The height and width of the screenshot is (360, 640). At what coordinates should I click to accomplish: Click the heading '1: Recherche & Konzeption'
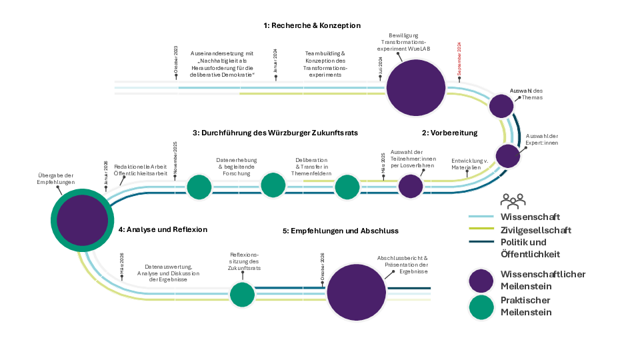(311, 25)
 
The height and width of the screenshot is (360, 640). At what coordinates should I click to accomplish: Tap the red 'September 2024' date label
(459, 58)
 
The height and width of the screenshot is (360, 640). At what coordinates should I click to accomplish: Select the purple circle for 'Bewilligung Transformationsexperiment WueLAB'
(416, 87)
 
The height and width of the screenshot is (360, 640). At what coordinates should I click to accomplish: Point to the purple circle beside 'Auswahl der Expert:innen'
(507, 155)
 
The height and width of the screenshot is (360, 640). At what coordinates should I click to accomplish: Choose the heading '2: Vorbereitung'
(449, 133)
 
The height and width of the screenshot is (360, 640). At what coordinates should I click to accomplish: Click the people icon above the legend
(513, 200)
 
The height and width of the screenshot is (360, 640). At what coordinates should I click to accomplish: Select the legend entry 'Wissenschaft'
(530, 217)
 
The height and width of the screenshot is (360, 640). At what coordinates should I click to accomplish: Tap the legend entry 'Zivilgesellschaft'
(536, 230)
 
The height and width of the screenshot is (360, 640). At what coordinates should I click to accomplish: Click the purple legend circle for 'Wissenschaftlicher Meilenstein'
(481, 281)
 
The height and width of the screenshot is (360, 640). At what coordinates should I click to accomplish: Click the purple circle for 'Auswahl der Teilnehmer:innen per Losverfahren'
(411, 186)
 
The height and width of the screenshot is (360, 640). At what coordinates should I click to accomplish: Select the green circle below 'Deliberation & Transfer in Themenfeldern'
(347, 187)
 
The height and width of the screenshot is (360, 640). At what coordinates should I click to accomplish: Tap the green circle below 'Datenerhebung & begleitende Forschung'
(273, 185)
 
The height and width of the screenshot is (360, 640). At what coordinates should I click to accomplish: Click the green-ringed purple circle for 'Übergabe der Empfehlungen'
(82, 220)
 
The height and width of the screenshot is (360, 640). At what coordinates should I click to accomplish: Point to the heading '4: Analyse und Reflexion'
(163, 229)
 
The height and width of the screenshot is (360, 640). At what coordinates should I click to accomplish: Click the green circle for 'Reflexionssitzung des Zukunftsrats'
(242, 294)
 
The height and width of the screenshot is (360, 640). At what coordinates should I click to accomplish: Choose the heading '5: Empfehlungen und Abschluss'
(340, 231)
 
